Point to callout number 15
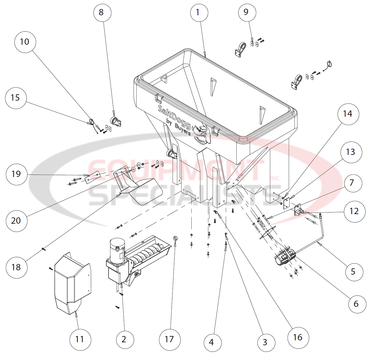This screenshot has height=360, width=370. point(16,98)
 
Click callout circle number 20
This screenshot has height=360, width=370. point(16,221)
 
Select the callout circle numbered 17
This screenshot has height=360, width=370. point(170,340)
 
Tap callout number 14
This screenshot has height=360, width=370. point(348,114)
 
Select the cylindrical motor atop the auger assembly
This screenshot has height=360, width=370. point(117,247)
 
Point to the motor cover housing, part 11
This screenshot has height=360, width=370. point(72,284)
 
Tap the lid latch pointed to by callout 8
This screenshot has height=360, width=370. point(116,121)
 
